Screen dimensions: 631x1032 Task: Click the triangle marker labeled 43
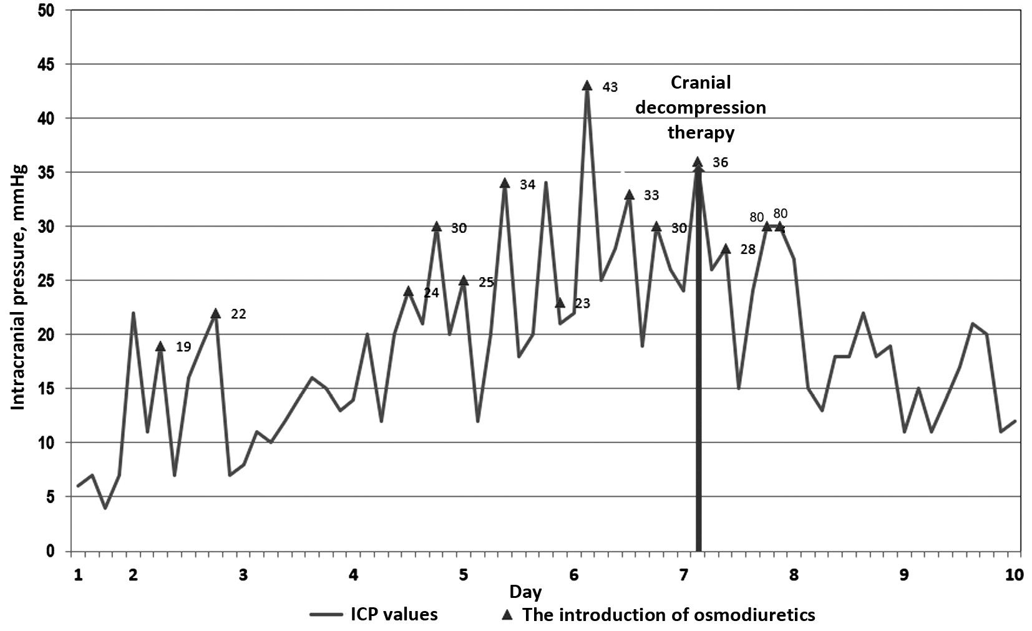pyautogui.click(x=587, y=86)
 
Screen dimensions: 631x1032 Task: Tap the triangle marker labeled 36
pyautogui.click(x=698, y=162)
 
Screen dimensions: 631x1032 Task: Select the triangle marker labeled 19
pyautogui.click(x=160, y=346)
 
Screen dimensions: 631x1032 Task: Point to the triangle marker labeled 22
pyautogui.click(x=215, y=313)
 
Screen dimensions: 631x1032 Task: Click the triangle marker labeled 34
pyautogui.click(x=505, y=183)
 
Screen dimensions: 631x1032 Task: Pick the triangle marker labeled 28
pyautogui.click(x=726, y=248)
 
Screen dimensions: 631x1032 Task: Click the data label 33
pyautogui.click(x=651, y=195)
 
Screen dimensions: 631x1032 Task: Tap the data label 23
pyautogui.click(x=582, y=304)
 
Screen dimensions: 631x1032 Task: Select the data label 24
pyautogui.click(x=431, y=293)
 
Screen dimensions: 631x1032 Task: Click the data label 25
pyautogui.click(x=486, y=282)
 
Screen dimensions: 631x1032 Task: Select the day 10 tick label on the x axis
pyautogui.click(x=1015, y=575)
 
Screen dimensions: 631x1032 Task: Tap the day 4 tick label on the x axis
pyautogui.click(x=353, y=575)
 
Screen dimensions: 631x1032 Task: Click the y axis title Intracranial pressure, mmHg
pyautogui.click(x=19, y=287)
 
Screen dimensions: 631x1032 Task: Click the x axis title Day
pyautogui.click(x=525, y=591)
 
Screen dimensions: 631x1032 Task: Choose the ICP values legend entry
pyautogui.click(x=374, y=614)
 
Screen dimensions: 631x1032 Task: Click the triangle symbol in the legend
pyautogui.click(x=508, y=615)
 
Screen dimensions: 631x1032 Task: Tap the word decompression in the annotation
pyautogui.click(x=701, y=107)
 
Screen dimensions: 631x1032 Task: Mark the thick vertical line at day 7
pyautogui.click(x=698, y=374)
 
